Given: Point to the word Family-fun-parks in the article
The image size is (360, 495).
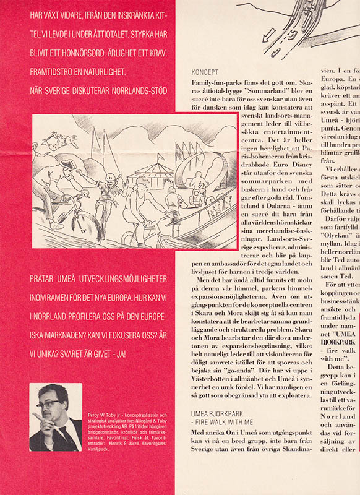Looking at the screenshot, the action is pos(213,82).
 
